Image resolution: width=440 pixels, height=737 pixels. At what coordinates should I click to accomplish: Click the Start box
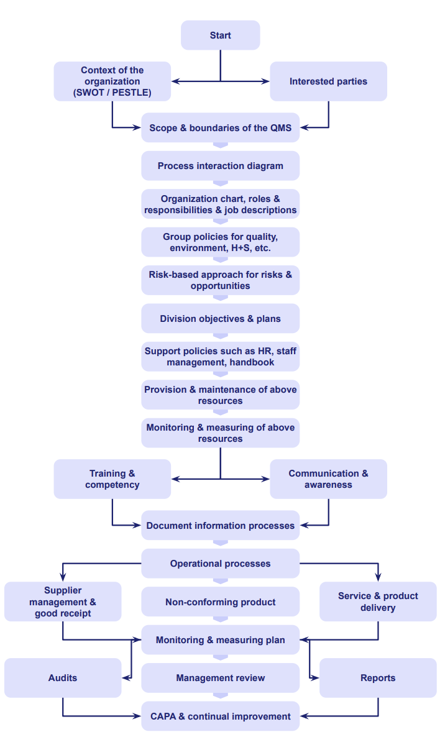pyautogui.click(x=220, y=35)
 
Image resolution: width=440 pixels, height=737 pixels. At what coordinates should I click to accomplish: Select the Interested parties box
pyautogui.click(x=328, y=81)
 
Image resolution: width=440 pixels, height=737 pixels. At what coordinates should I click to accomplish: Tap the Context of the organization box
pyautogui.click(x=112, y=81)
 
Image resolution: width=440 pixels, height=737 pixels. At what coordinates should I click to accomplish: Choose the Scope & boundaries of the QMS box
pyautogui.click(x=220, y=128)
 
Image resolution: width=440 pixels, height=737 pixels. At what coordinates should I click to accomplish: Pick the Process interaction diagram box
pyautogui.click(x=220, y=166)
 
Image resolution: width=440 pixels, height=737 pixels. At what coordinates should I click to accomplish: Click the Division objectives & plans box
pyautogui.click(x=220, y=319)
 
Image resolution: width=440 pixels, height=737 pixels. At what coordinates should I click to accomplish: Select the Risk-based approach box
pyautogui.click(x=220, y=280)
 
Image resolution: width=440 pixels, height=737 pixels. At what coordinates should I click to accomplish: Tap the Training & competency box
pyautogui.click(x=112, y=479)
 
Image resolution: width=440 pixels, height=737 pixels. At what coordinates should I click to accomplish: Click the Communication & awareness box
pyautogui.click(x=328, y=479)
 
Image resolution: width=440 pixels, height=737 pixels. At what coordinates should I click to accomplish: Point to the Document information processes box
pyautogui.click(x=220, y=526)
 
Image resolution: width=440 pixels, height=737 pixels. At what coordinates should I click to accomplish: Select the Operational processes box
pyautogui.click(x=220, y=564)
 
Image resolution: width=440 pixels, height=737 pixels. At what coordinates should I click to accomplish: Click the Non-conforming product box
pyautogui.click(x=220, y=602)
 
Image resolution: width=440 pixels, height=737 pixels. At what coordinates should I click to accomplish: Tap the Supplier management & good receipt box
pyautogui.click(x=63, y=602)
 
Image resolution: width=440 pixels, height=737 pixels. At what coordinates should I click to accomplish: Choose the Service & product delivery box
pyautogui.click(x=378, y=602)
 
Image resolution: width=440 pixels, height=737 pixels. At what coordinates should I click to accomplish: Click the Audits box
pyautogui.click(x=63, y=678)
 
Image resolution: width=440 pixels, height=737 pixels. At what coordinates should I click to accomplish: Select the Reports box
pyautogui.click(x=378, y=678)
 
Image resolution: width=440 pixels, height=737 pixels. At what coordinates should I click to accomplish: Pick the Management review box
pyautogui.click(x=220, y=678)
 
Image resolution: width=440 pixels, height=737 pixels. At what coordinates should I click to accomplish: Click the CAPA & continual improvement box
pyautogui.click(x=220, y=716)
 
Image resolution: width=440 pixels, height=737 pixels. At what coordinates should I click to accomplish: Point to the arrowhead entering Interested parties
pyautogui.click(x=266, y=81)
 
